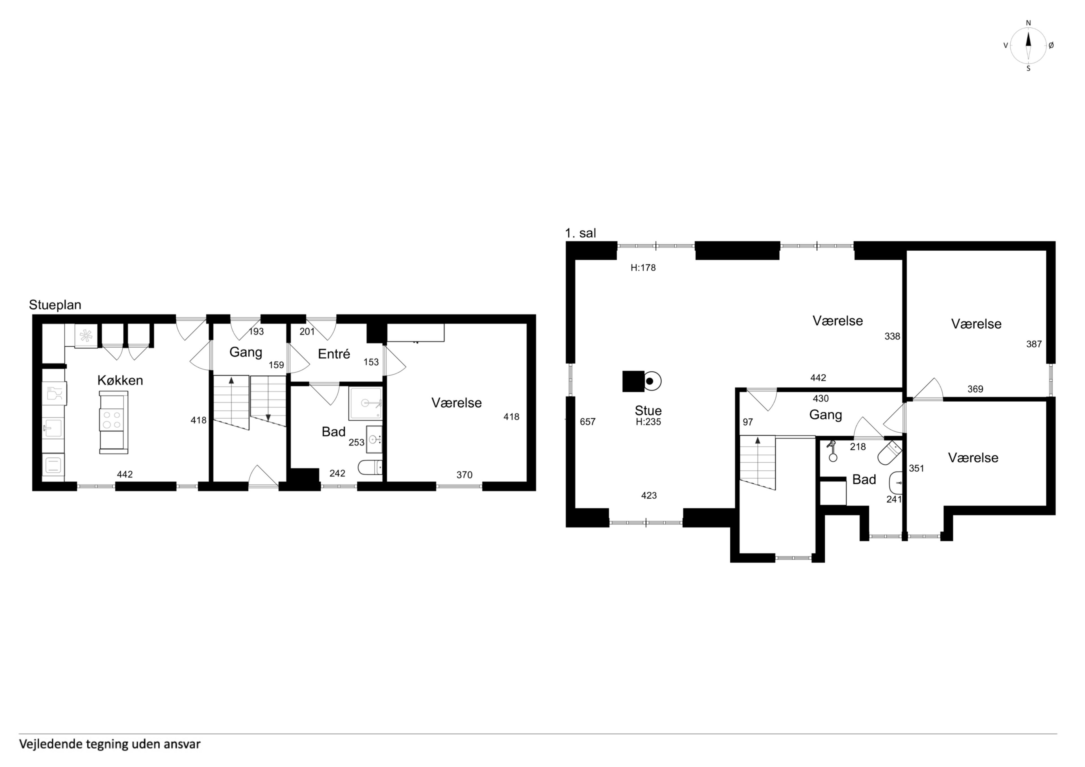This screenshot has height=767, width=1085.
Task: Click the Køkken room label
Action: tap(120, 381)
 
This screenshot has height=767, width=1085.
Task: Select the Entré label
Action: tap(334, 354)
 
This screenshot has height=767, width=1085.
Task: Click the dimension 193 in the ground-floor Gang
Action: tap(256, 332)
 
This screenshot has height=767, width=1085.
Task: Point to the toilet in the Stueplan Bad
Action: tap(370, 467)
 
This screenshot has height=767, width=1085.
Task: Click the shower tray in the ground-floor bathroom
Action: tap(365, 403)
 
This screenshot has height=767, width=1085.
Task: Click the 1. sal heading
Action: tap(580, 233)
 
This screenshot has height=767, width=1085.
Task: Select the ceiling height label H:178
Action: tap(643, 268)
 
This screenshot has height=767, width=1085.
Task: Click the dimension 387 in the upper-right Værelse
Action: tap(1034, 344)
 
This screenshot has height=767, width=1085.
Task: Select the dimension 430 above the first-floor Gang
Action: tap(821, 398)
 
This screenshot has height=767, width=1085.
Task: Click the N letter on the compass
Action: tap(1028, 23)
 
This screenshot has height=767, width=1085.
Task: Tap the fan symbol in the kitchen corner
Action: tap(86, 336)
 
